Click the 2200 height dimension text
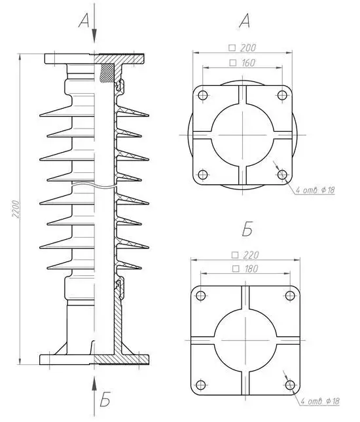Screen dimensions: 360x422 [x=16, y=209]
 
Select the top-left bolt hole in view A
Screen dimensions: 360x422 [x=203, y=95]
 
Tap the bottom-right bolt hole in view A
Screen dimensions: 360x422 [x=282, y=175]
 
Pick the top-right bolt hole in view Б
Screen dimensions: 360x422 [x=290, y=296]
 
